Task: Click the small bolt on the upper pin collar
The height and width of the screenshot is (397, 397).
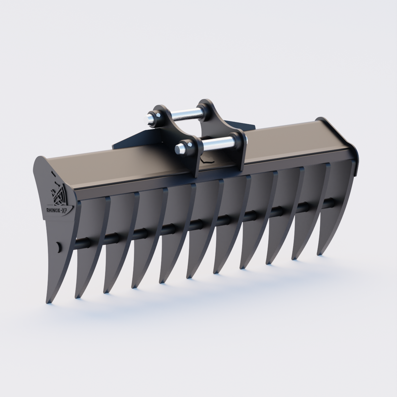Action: coord(159,115)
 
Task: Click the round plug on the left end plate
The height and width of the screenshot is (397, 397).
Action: coord(58,246)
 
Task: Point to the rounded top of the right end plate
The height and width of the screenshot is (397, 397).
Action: coord(321,119)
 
